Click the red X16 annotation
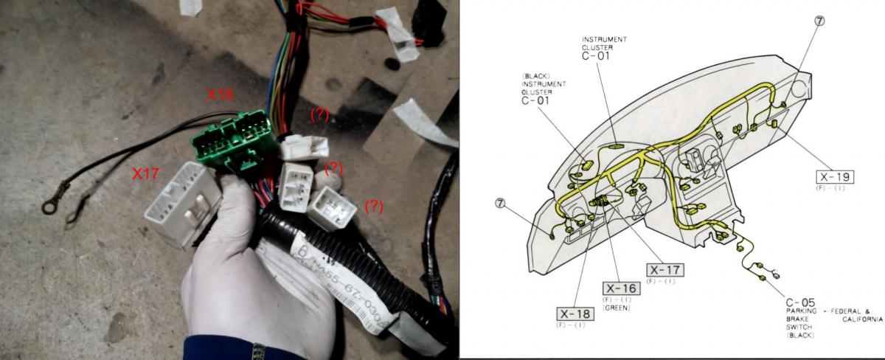click(x=220, y=95)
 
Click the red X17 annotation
click(x=147, y=174)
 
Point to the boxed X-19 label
click(x=835, y=177)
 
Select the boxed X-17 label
click(x=664, y=270)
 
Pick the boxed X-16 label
click(x=620, y=288)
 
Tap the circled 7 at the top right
click(x=819, y=21)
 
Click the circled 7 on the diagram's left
click(x=502, y=203)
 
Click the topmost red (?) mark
click(x=319, y=114)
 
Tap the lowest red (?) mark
click(x=374, y=206)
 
